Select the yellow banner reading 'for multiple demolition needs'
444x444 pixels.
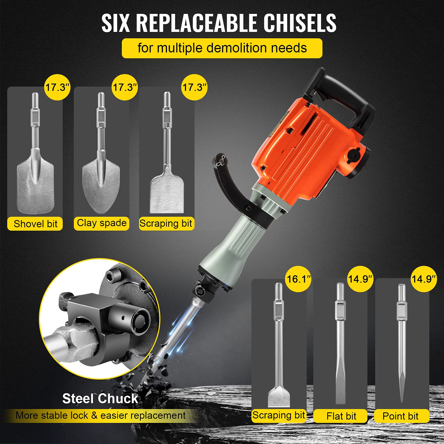(x=222, y=48)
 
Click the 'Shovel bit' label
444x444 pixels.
(x=35, y=224)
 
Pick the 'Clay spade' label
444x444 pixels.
(x=102, y=223)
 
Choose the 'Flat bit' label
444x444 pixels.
(x=341, y=416)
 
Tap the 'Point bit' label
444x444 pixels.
(x=400, y=416)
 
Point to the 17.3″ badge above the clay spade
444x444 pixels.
(x=125, y=87)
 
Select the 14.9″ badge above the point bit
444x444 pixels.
(x=423, y=279)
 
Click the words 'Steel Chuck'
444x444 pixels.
(x=100, y=399)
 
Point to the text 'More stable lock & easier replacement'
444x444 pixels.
(x=100, y=415)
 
